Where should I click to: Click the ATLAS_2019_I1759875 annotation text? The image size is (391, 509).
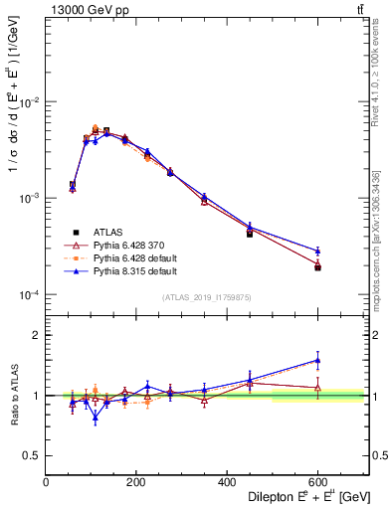pyautogui.click(x=206, y=297)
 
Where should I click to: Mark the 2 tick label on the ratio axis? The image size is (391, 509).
pyautogui.click(x=37, y=335)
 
